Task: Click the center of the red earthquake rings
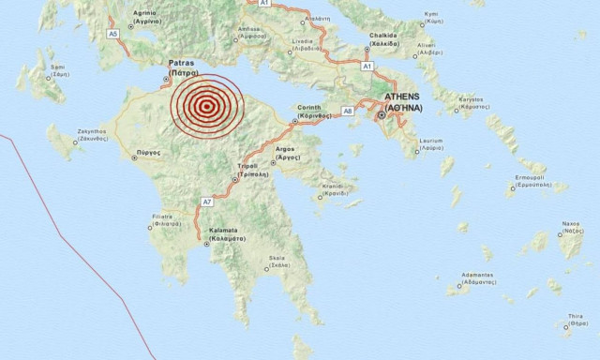pyautogui.click(x=205, y=107)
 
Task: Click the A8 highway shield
pyautogui.click(x=347, y=111)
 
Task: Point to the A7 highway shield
pyautogui.click(x=207, y=202)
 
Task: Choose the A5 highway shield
pyautogui.click(x=113, y=34)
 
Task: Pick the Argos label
pyautogui.click(x=287, y=153)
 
